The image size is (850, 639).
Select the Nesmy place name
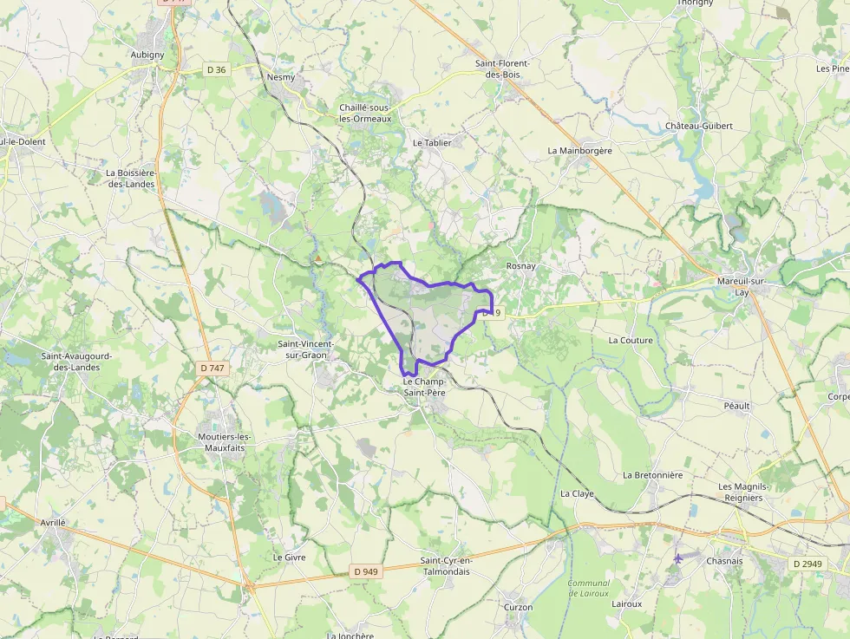tap(281, 77)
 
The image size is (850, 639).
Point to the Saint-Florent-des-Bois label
tap(502, 68)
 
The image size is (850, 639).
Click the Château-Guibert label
tap(699, 126)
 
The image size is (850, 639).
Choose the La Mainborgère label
tap(579, 150)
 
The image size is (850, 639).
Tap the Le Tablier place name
tap(432, 142)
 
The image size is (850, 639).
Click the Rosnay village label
tap(521, 266)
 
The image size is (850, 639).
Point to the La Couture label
tap(631, 341)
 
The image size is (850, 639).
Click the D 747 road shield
tap(212, 368)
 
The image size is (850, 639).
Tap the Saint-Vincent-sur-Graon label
tap(304, 349)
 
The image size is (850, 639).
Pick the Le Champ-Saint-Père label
tap(424, 387)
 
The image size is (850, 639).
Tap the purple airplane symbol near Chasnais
tap(677, 559)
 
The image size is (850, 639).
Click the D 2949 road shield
tap(807, 564)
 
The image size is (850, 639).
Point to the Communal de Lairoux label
tap(589, 589)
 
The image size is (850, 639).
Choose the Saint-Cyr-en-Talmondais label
tap(446, 566)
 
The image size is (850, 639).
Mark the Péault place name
tap(736, 406)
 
